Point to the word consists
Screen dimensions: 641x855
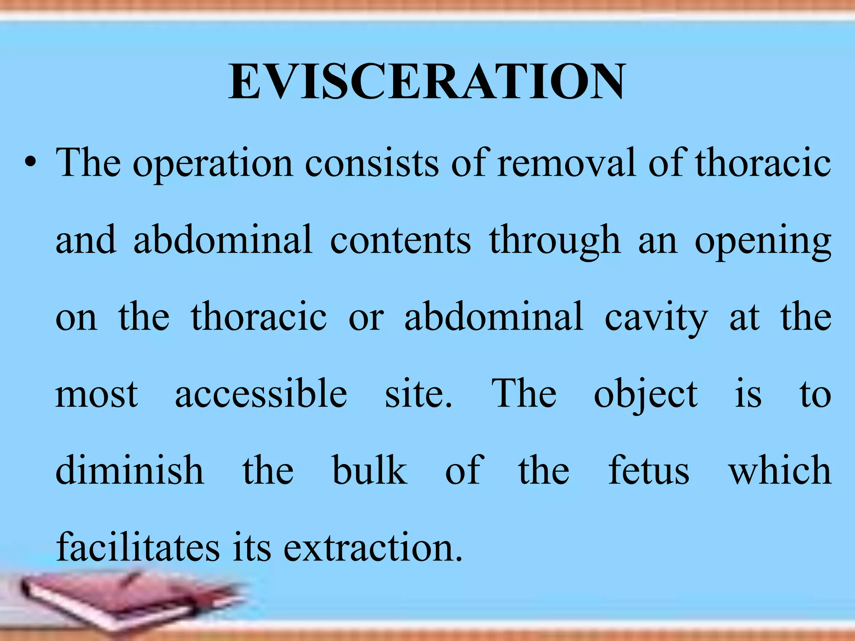[x=372, y=163]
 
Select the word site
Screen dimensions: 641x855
[x=418, y=394]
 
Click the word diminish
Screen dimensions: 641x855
[x=130, y=471]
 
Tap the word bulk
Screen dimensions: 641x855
[x=369, y=471]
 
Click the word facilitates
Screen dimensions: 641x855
[x=138, y=548]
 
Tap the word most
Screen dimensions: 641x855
[x=96, y=394]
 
